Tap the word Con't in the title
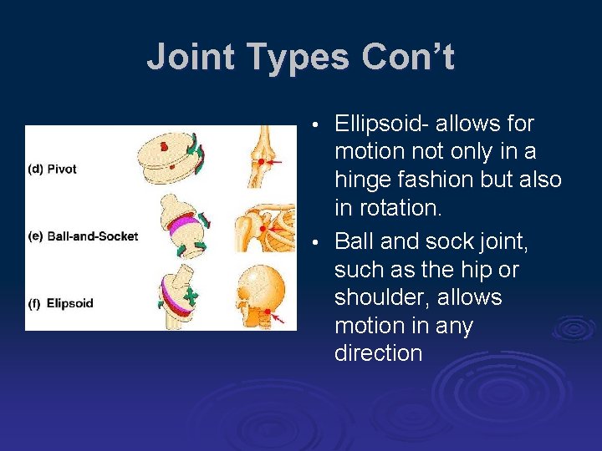pos(408,58)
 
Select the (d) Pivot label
pos(52,169)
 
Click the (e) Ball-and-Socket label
pos(82,236)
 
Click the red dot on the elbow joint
pos(262,161)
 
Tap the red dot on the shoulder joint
pos(264,227)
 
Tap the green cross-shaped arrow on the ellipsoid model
pos(191,296)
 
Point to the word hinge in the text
pos(361,180)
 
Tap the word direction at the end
pos(378,353)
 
